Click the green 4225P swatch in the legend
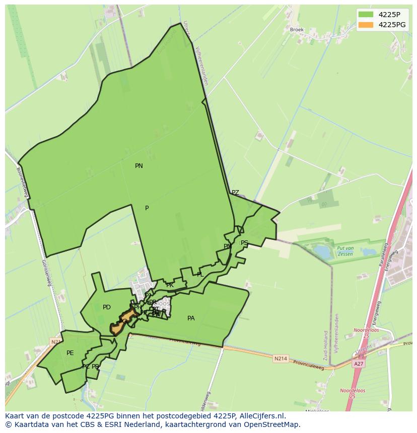366,15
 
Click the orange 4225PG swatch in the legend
366,25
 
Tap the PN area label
139,166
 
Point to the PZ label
235,193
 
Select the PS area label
244,243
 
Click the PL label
200,275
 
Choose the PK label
170,285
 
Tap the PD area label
107,307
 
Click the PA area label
191,318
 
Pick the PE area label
70,353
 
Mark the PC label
86,367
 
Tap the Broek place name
297,30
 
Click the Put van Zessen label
345,251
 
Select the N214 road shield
281,359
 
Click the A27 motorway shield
359,364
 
